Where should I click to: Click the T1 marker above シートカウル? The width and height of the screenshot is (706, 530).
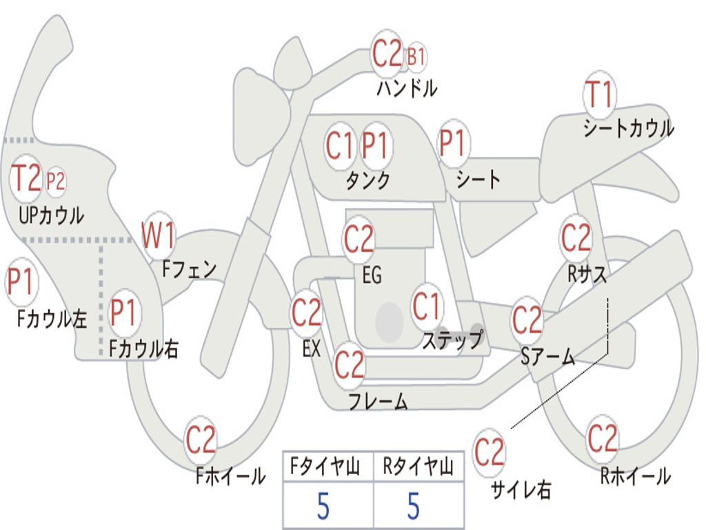(x=599, y=95)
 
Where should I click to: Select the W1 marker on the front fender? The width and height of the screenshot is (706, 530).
(x=158, y=235)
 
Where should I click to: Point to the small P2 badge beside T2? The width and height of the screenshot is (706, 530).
(x=55, y=181)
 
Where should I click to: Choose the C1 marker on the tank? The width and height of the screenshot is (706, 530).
(x=340, y=146)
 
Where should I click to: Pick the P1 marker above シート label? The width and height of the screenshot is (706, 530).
(x=452, y=144)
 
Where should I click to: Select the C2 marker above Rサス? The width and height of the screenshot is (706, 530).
(x=576, y=238)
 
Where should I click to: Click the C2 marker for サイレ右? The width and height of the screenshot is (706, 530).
(x=490, y=453)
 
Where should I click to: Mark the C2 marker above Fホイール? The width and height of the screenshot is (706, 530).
(x=201, y=440)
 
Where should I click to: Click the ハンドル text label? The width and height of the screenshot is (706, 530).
(x=407, y=88)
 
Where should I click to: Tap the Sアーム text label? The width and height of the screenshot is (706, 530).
(x=547, y=357)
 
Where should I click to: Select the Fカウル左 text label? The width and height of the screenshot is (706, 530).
(x=52, y=318)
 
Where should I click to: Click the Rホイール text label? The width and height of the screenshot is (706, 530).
(x=635, y=475)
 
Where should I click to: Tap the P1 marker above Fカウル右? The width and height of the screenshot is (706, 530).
(x=125, y=313)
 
